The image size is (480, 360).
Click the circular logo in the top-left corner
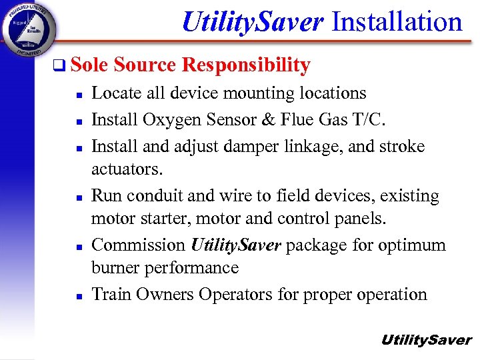tap(29, 29)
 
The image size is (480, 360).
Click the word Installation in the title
tap(397, 21)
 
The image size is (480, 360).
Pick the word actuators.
tap(127, 169)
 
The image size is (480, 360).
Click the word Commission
tap(138, 245)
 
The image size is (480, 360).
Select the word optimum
tap(413, 245)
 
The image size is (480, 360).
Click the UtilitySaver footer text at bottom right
tap(425, 340)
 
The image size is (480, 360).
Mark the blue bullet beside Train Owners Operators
tap(79, 295)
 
